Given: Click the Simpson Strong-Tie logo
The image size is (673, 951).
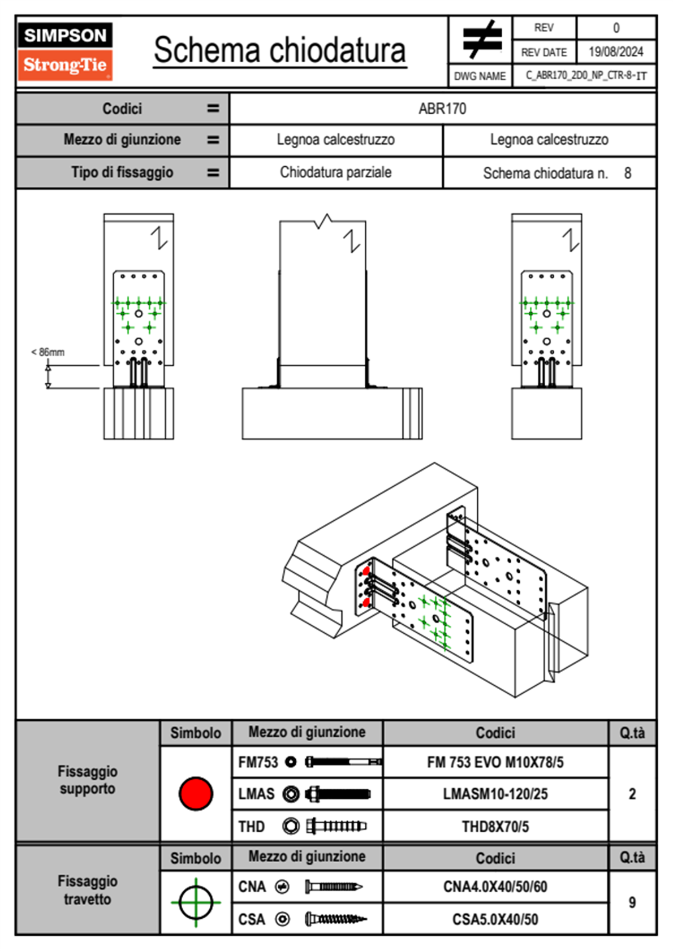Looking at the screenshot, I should point(65,51).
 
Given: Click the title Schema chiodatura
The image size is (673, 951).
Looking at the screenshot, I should point(279,50).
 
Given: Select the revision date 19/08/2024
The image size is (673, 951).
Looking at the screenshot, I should point(615,52).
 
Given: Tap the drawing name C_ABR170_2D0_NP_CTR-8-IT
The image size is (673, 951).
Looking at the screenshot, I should point(585,75).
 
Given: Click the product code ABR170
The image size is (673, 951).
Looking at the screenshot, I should point(442,109).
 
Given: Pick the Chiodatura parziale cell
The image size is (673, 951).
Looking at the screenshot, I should point(335,172).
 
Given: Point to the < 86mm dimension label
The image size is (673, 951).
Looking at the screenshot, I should point(48,352).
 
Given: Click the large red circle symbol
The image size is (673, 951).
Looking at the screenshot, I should point(196,793).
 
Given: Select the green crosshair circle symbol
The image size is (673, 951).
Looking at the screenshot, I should point(196,902).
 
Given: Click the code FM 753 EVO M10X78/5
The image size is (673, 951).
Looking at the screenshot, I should point(495,762).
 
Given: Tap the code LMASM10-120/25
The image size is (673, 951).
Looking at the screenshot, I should point(495,794).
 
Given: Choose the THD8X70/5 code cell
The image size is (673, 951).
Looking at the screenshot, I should point(495,827).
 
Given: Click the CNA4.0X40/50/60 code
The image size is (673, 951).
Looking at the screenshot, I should point(495,887).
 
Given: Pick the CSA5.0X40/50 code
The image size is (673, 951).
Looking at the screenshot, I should point(495,919).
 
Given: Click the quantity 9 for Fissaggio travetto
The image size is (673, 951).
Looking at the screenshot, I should point(632,902).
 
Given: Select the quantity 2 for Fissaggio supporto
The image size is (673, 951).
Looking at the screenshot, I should point(632,794).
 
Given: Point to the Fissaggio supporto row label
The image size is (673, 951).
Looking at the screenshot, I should point(87,780).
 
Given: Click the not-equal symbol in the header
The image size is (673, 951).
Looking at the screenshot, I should point(482,40).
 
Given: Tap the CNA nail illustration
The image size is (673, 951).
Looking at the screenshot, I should point(334,887).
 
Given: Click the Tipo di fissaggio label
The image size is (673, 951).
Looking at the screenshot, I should point(122,172).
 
